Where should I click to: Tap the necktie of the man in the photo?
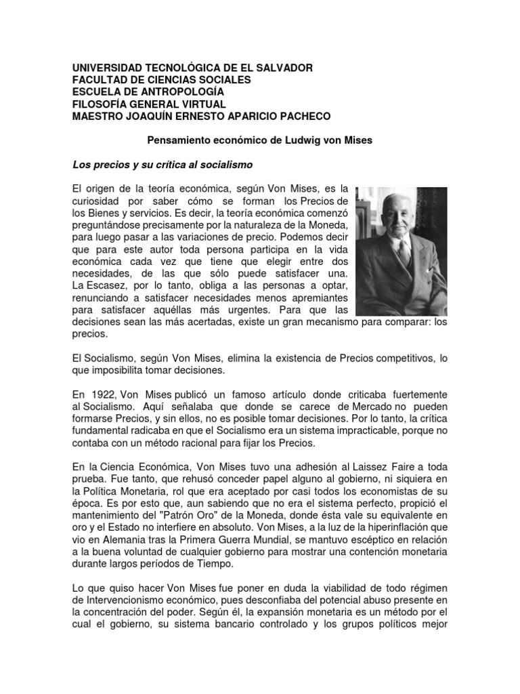click(405, 252)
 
